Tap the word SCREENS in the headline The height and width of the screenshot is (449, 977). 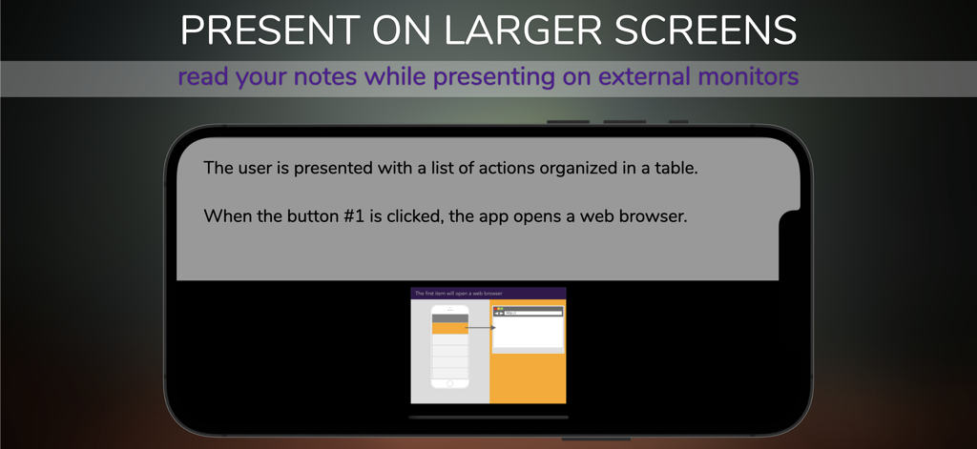click(x=704, y=31)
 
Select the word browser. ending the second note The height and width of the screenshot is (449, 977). click(x=654, y=216)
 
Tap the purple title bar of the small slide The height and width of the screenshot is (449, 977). click(x=488, y=294)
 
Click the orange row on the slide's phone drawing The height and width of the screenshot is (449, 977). click(x=450, y=328)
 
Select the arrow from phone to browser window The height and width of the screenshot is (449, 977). click(x=480, y=328)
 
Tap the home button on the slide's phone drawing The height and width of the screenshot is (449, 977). click(x=450, y=383)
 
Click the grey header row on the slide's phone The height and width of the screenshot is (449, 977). click(x=450, y=318)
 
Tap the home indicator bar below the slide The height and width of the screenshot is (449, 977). click(x=488, y=418)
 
